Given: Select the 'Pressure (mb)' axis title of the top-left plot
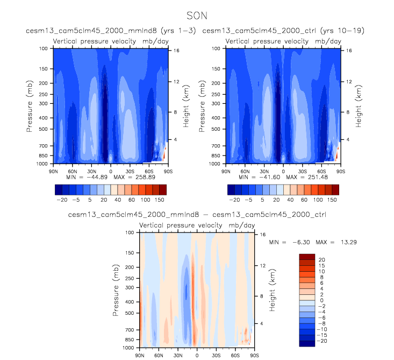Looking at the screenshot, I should tap(30, 105).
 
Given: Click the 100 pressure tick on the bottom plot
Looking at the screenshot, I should tap(130, 233).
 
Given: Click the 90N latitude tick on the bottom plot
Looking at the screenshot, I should tap(139, 356).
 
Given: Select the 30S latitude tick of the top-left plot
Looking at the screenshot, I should tap(130, 171).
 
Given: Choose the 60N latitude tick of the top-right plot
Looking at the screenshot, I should tap(245, 171).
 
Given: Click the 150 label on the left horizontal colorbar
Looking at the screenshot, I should tap(163, 200).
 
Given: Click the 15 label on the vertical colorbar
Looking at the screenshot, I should tap(321, 266).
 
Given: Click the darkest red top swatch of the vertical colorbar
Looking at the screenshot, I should tap(306, 256).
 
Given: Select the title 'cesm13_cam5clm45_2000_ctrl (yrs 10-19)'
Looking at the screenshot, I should tap(283, 31).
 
